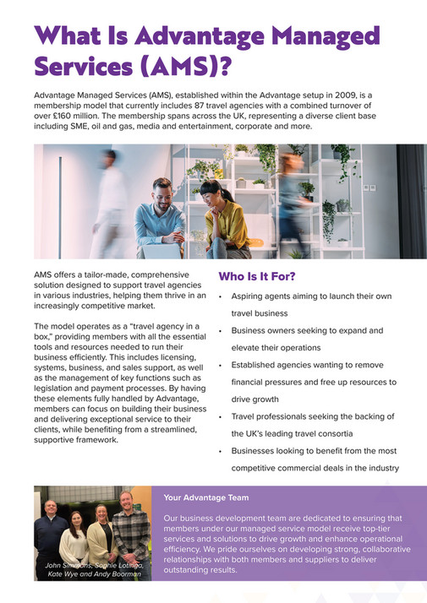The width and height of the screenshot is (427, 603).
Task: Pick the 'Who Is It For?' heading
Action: click(256, 276)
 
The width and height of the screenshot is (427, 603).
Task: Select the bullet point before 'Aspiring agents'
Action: click(221, 297)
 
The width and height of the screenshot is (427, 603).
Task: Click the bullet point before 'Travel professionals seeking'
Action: click(221, 416)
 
